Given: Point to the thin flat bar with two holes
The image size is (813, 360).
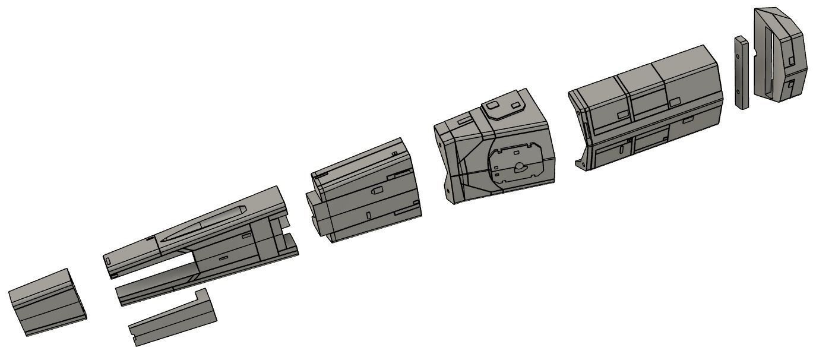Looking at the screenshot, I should [x=741, y=72].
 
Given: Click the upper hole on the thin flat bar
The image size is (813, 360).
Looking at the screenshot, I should [x=738, y=57].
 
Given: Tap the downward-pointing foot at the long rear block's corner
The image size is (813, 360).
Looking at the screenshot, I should [x=580, y=161].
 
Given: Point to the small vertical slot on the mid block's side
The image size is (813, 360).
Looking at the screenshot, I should [x=368, y=214].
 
